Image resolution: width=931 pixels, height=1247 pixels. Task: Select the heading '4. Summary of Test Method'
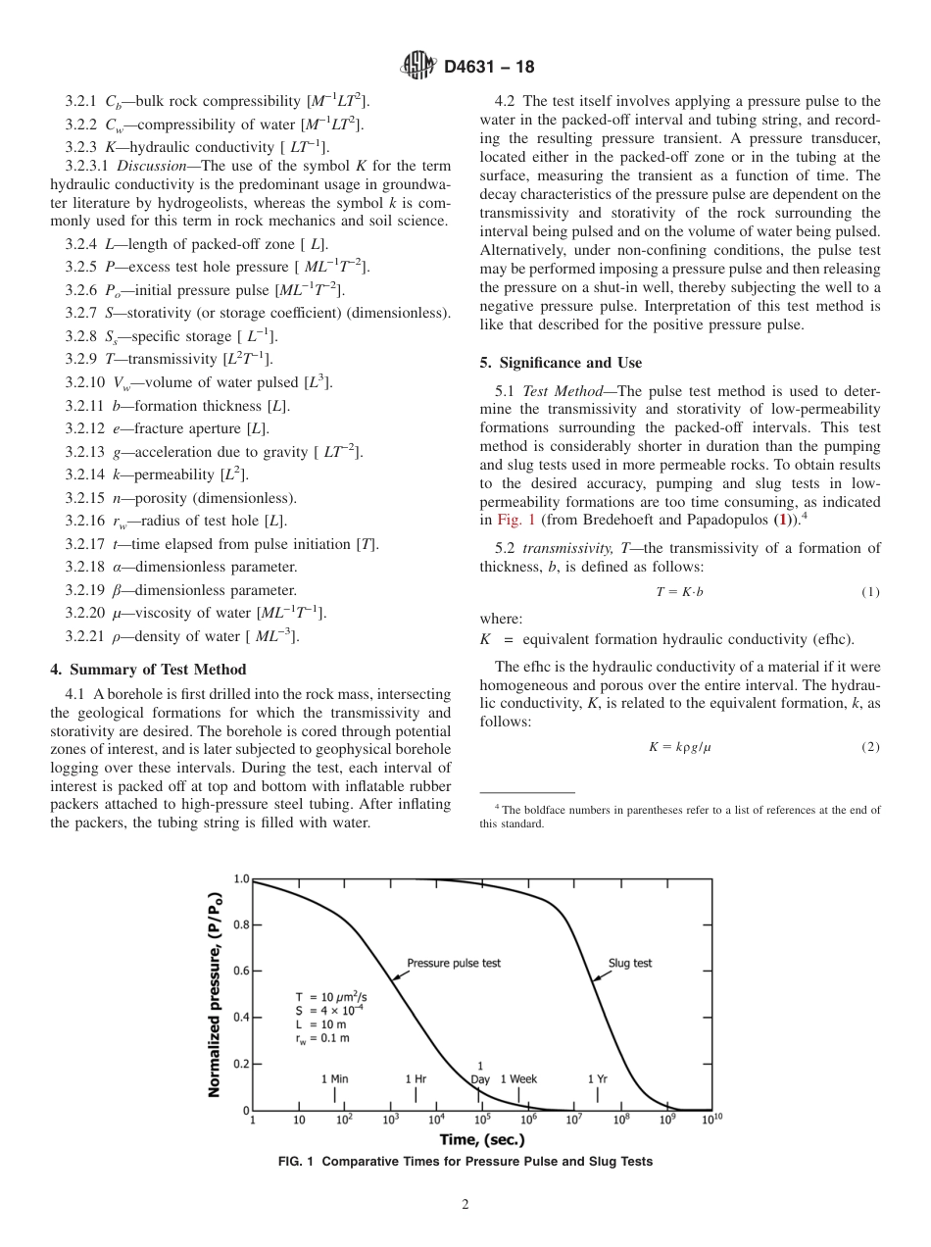pyautogui.click(x=148, y=670)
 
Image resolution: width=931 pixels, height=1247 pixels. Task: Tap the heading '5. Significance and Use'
pyautogui.click(x=561, y=363)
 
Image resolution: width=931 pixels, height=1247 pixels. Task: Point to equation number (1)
pyautogui.click(x=870, y=592)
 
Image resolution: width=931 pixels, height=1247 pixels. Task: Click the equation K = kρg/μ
pyautogui.click(x=679, y=747)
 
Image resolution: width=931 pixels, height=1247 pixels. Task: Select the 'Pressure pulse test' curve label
pyautogui.click(x=453, y=963)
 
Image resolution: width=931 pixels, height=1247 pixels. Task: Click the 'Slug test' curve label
pyautogui.click(x=629, y=963)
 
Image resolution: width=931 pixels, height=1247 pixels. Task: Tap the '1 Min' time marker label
pyautogui.click(x=335, y=1078)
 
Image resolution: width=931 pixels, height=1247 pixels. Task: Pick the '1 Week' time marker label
pyautogui.click(x=518, y=1078)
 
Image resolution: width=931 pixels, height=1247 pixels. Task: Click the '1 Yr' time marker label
pyautogui.click(x=598, y=1078)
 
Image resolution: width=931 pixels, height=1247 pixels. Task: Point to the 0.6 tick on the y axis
pyautogui.click(x=240, y=971)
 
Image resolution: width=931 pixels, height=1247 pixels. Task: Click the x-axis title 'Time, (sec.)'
pyautogui.click(x=481, y=1140)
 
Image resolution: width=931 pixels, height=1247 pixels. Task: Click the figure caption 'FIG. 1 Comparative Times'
pyautogui.click(x=465, y=1162)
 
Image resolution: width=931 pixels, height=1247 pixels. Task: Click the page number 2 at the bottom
pyautogui.click(x=465, y=1205)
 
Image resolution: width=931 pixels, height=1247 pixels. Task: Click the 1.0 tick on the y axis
pyautogui.click(x=240, y=878)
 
